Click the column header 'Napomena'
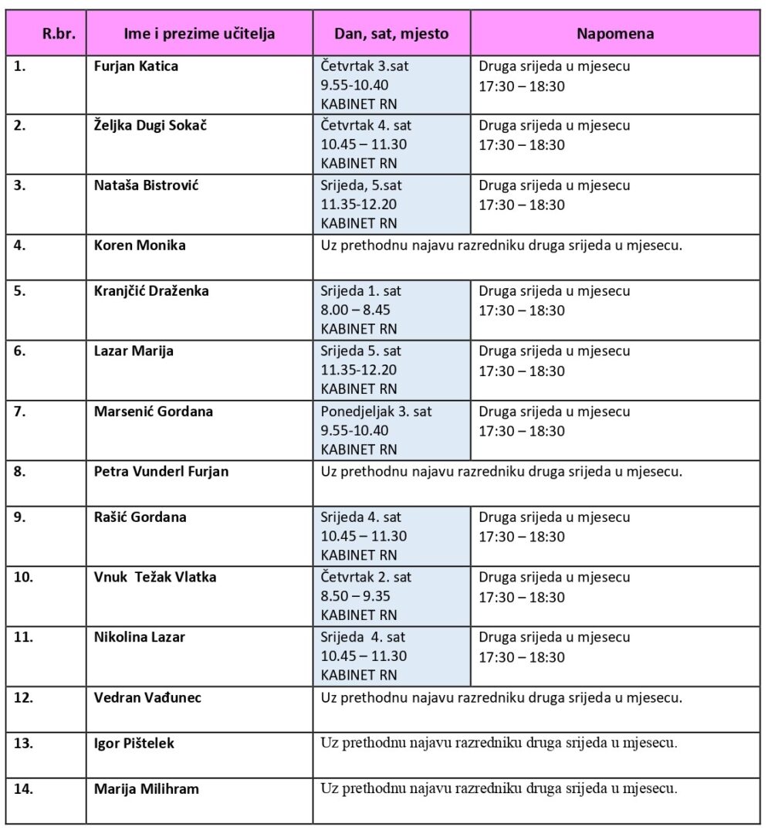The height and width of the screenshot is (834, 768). pos(615,33)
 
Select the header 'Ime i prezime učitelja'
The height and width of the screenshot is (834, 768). pos(199,33)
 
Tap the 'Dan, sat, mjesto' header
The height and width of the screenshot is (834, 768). pos(391,33)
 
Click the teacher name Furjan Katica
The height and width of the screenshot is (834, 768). pos(136,66)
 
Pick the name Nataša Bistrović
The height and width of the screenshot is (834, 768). pos(146,186)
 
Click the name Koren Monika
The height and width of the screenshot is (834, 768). pos(140,246)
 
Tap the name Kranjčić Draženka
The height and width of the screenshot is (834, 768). pos(151,291)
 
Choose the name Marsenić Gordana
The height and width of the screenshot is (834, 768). pos(153,412)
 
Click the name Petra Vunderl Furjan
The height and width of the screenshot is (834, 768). pos(161,471)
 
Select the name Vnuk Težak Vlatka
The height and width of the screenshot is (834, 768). pos(155,577)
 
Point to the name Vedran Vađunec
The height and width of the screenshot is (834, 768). pos(147,698)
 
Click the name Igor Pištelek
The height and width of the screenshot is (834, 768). pos(134,744)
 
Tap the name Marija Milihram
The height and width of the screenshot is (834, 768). pos(147,789)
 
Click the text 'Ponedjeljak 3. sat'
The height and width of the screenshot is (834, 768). pos(376,412)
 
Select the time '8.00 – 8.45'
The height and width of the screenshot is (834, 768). pos(359,310)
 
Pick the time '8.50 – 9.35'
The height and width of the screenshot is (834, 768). pos(359,597)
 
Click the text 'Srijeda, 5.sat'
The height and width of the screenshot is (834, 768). pos(361,186)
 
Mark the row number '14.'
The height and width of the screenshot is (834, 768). pos(25,789)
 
